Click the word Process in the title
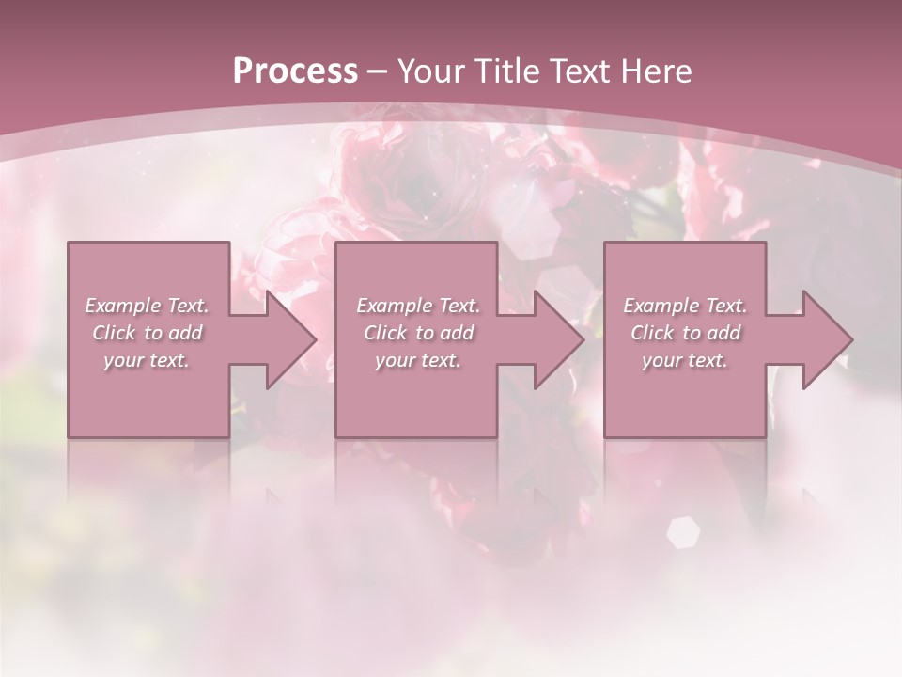295,71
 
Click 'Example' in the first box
122,306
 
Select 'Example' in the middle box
393,306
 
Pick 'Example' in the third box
661,306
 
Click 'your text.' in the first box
146,360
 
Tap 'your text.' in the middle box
417,360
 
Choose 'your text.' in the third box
685,360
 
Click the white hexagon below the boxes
683,532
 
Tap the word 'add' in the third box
723,333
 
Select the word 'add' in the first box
185,333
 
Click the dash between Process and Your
378,71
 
